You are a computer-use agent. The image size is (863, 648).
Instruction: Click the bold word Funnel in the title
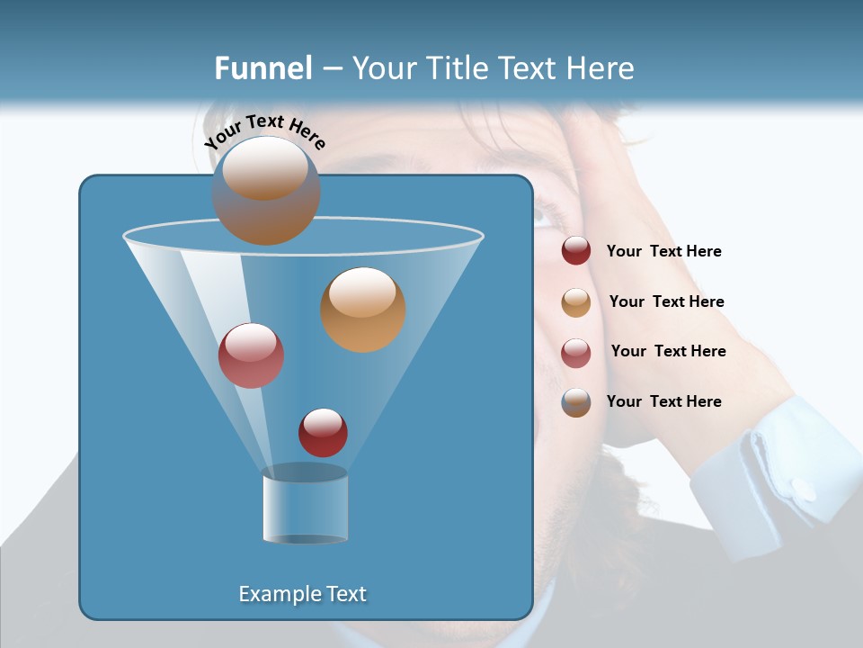coord(262,68)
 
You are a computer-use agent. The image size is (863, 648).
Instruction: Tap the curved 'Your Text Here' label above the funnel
coord(265,132)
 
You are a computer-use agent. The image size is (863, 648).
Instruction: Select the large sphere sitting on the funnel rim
coord(265,190)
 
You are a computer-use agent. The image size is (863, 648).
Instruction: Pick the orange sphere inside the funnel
coord(362,310)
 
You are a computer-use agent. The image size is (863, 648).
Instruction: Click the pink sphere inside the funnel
coord(251,355)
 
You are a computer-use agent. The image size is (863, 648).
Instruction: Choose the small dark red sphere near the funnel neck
coord(323,432)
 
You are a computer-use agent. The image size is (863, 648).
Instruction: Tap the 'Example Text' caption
coord(302,594)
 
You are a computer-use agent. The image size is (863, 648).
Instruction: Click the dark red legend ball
coord(576,251)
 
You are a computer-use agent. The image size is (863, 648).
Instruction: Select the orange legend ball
coord(576,302)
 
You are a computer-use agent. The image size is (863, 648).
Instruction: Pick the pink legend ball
coord(576,353)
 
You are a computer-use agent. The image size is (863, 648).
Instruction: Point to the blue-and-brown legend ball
coord(576,402)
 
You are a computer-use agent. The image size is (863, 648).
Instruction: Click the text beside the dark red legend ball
coord(663,252)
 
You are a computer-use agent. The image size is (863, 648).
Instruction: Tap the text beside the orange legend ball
coord(666,301)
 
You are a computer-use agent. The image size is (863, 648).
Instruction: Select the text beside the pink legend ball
coord(668,351)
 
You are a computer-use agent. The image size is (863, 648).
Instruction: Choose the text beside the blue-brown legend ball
coord(663,401)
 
